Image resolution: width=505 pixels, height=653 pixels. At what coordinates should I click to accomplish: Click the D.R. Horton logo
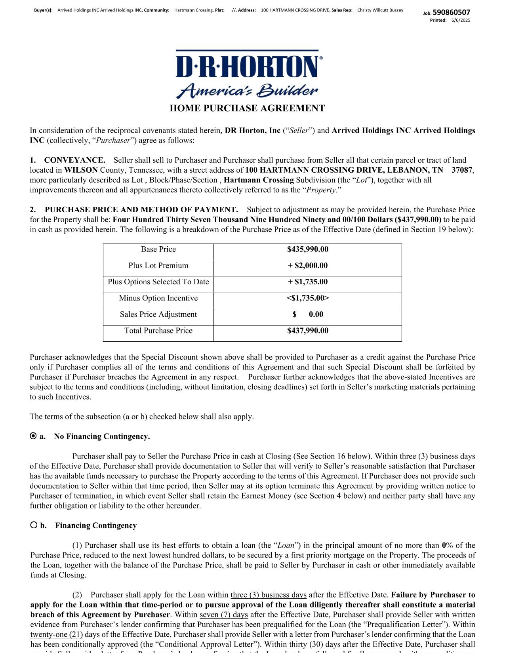(x=247, y=74)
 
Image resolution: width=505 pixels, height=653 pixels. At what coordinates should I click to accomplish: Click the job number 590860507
(x=451, y=12)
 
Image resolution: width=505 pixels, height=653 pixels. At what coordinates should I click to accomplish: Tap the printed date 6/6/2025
(x=461, y=20)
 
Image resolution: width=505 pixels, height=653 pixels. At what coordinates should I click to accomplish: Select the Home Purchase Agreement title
(x=247, y=109)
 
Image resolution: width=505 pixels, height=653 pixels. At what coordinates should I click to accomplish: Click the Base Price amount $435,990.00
(x=308, y=249)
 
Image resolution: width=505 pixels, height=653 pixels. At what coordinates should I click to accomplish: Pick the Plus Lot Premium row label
(x=158, y=266)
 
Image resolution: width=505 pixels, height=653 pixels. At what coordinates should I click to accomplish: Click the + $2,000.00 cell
(x=308, y=266)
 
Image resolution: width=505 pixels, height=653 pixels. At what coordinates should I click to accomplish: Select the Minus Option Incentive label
(x=158, y=298)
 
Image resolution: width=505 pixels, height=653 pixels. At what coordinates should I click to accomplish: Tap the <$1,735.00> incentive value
(x=308, y=298)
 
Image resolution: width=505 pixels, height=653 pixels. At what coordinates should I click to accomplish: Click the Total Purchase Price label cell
(x=158, y=331)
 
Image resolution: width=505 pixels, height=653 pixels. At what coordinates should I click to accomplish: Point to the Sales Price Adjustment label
(x=158, y=314)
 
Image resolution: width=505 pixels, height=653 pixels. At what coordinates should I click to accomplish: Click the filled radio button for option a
(x=33, y=436)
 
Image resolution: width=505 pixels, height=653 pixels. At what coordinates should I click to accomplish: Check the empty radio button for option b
(x=34, y=525)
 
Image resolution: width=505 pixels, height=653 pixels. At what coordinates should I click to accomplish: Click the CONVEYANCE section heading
(x=74, y=160)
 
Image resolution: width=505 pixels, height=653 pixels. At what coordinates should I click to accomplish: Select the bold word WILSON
(x=81, y=170)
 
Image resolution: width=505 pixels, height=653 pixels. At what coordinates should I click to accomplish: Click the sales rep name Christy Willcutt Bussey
(x=380, y=10)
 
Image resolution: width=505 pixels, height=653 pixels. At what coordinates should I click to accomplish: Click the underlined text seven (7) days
(x=224, y=615)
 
